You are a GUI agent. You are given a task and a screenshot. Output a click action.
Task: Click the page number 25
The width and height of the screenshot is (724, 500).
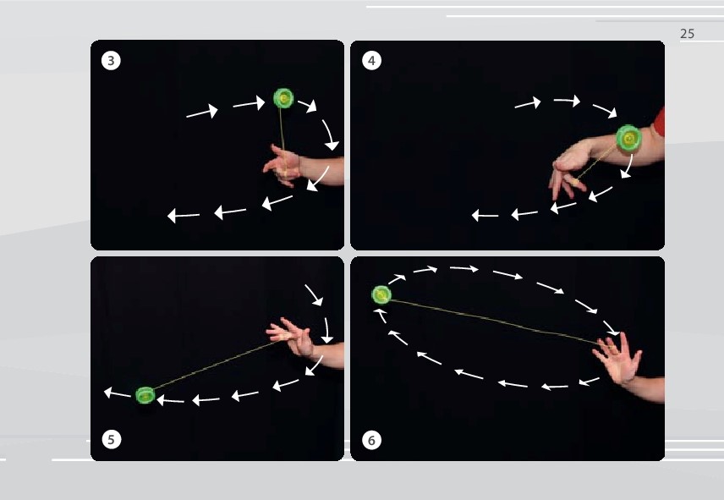click(x=687, y=34)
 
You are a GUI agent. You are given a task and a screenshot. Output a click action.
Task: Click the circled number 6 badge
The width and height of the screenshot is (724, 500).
click(x=370, y=440)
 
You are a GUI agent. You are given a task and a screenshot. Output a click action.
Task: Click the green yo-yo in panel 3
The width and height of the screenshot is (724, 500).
click(x=283, y=99)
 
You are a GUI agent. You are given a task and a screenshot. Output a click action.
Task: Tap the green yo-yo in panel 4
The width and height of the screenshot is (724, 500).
click(x=628, y=137)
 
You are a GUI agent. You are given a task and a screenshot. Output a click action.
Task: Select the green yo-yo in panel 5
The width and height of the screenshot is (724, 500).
click(x=145, y=394)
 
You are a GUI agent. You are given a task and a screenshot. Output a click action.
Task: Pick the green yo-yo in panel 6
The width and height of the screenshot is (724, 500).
click(x=381, y=294)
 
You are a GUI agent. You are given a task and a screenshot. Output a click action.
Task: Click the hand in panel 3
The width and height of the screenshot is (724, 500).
click(x=283, y=162)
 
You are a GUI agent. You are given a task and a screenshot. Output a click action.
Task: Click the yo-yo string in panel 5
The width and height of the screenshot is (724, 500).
click(x=211, y=365)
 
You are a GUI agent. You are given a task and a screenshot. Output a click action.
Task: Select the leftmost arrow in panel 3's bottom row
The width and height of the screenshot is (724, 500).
click(x=184, y=216)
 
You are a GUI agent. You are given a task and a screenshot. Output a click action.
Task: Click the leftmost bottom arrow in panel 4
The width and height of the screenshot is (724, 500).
click(x=485, y=216)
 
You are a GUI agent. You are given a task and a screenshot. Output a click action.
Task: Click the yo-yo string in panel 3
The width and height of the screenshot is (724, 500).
click(x=283, y=131)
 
